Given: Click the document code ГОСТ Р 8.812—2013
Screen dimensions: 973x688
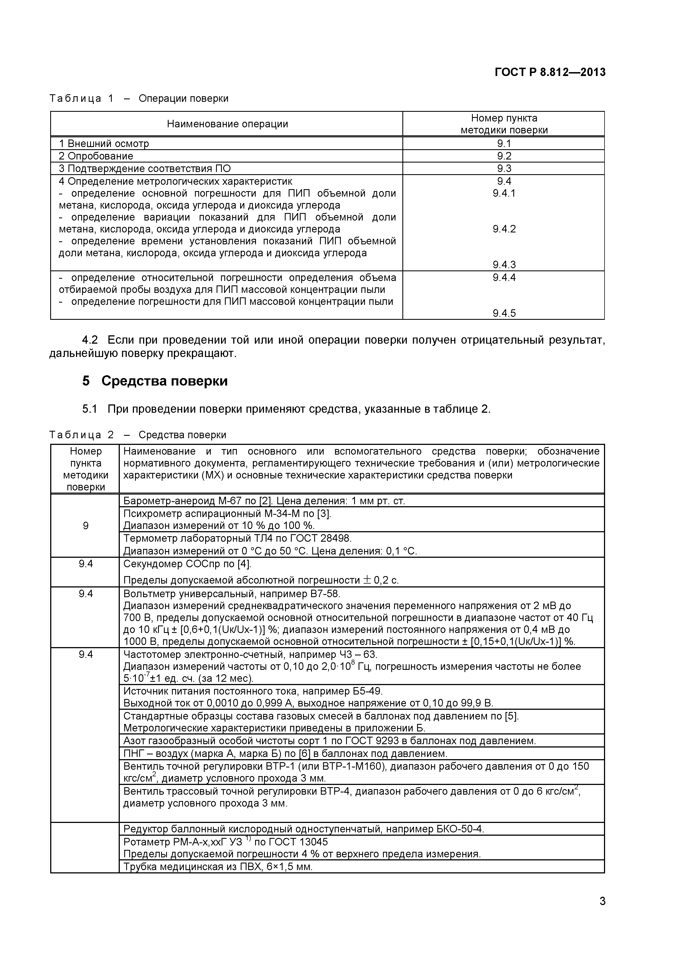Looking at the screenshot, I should coord(550,72).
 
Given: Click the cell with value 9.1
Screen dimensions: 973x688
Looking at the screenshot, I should coord(504,144).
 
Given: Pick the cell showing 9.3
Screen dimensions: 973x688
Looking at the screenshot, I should coord(504,169).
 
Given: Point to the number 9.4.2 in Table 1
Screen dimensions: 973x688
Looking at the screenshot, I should coord(504,229).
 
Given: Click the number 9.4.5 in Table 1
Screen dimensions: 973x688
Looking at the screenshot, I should coord(504,313).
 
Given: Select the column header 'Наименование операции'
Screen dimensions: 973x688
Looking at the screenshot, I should coord(227,124).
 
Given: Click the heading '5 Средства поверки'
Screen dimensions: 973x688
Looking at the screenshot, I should coord(155,381).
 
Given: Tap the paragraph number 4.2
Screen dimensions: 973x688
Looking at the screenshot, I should coord(90,340).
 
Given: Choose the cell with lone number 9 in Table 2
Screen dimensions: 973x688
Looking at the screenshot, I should coord(86,526).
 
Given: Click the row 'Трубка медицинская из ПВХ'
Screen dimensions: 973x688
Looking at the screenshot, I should coord(218,867).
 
